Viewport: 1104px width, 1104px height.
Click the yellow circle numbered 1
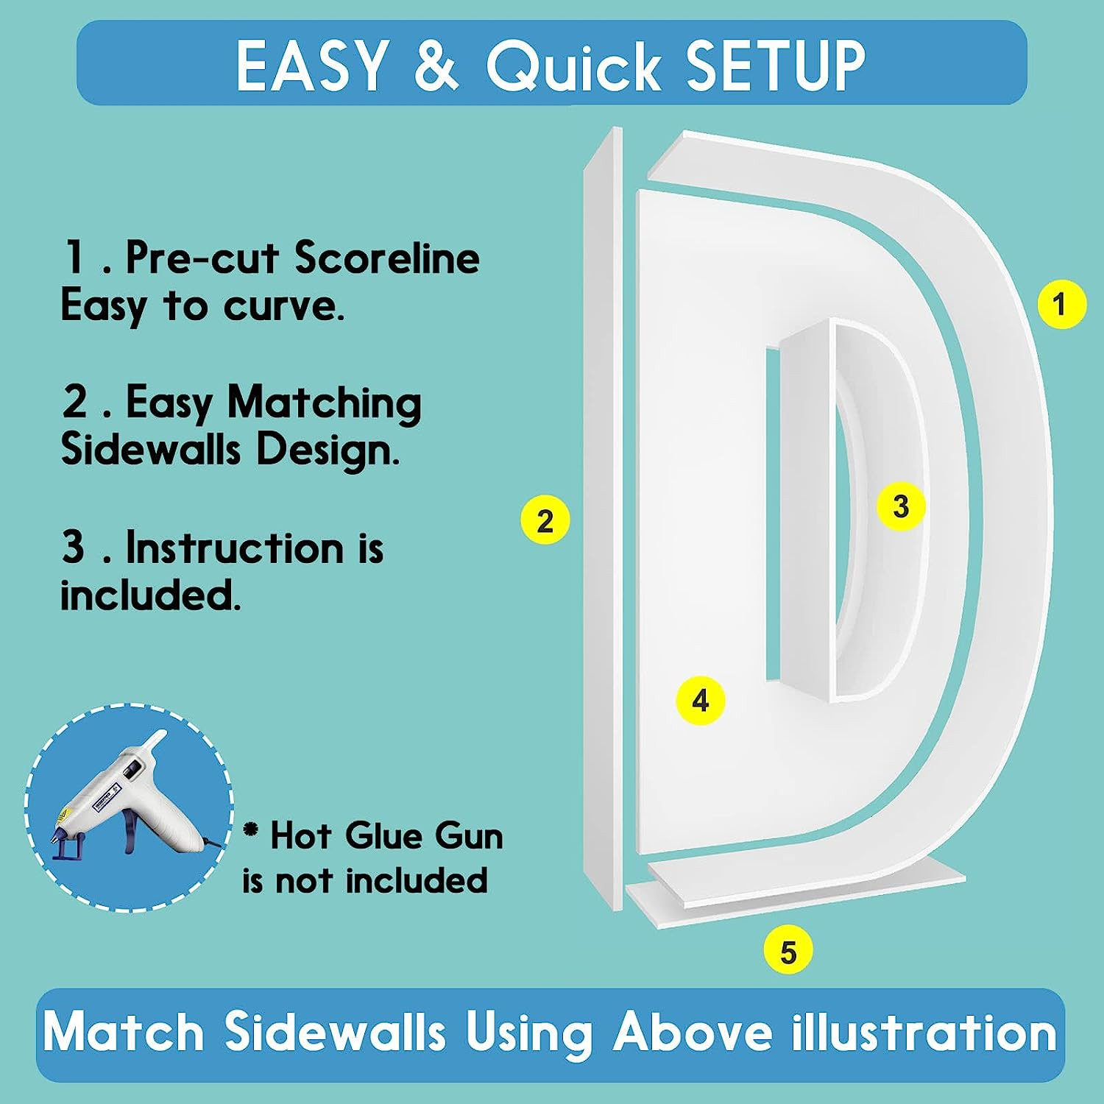tap(1061, 304)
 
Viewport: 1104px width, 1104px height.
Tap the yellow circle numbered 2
tap(545, 520)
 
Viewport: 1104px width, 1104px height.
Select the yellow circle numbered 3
tap(901, 506)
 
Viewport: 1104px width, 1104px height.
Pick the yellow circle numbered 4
tap(701, 700)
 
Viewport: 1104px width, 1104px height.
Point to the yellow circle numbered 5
tap(788, 952)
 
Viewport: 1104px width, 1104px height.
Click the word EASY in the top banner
tap(312, 66)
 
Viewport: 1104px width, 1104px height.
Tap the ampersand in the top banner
tap(437, 66)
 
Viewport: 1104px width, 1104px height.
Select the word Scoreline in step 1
tap(387, 258)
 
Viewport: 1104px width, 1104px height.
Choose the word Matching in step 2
tap(325, 404)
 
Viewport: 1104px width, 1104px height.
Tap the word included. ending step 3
tap(151, 595)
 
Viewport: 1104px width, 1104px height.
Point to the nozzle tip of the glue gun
tap(159, 736)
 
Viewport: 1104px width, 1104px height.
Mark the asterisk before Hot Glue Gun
tap(252, 830)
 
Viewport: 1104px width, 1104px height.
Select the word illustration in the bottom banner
tap(924, 1032)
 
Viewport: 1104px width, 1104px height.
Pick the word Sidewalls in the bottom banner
tap(336, 1032)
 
